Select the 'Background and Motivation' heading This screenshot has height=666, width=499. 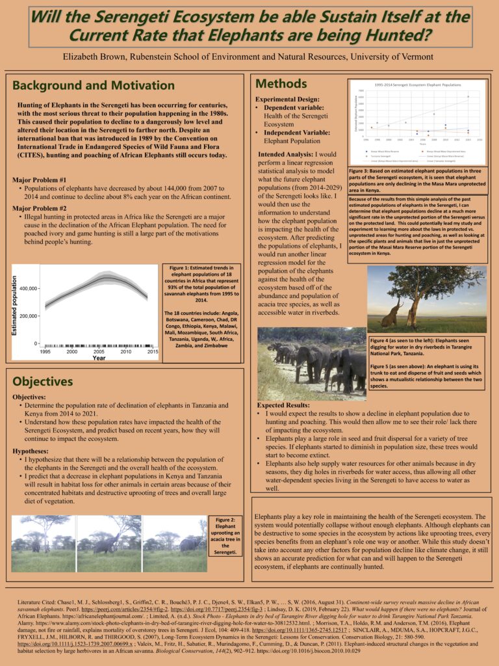[x=84, y=86]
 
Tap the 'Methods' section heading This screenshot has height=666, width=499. [x=281, y=83]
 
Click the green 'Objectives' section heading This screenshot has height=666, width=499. [x=43, y=381]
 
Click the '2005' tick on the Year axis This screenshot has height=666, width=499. [x=99, y=351]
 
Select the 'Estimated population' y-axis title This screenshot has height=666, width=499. [x=14, y=306]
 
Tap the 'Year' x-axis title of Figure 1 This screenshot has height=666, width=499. [x=99, y=358]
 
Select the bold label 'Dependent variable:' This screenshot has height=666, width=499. [x=295, y=107]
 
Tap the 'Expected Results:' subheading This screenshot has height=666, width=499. [x=285, y=405]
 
